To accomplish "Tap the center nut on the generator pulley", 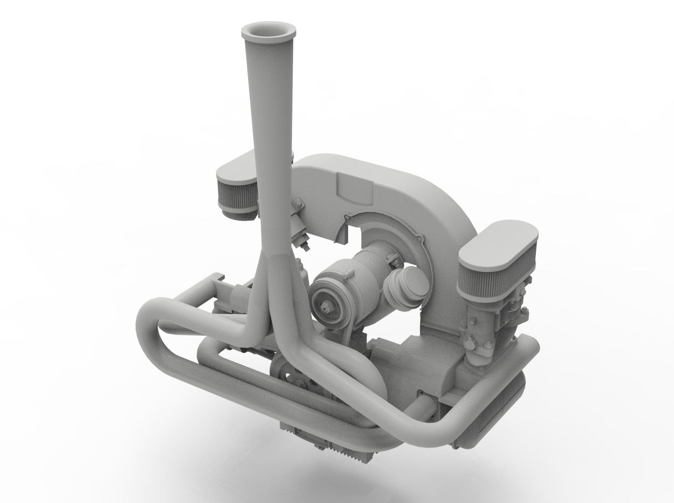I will pyautogui.click(x=325, y=307).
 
